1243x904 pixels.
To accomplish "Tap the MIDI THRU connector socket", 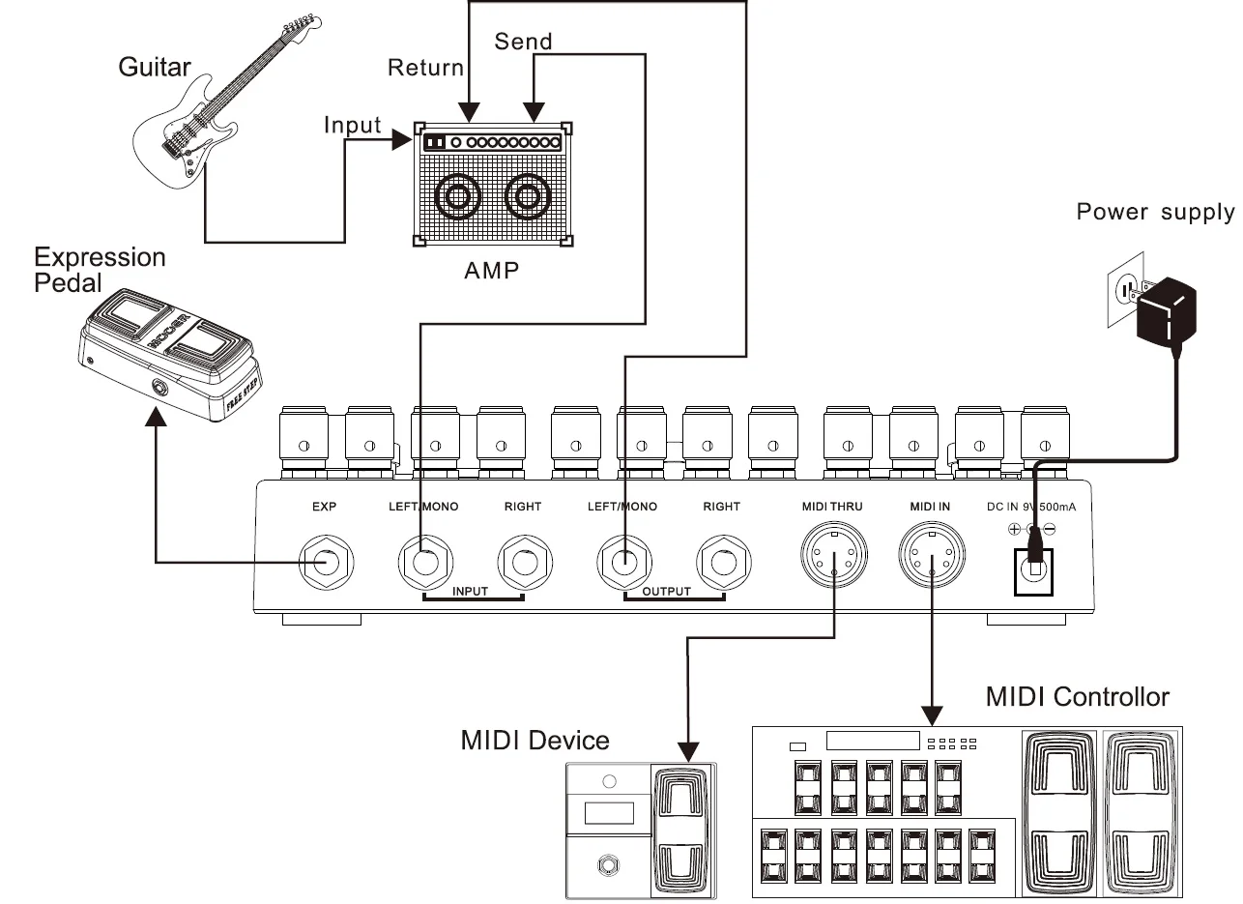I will (x=834, y=557).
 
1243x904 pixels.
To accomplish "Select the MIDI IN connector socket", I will (x=931, y=557).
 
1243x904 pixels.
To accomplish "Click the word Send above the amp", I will (x=523, y=42).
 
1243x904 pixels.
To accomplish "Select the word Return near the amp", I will (x=425, y=68).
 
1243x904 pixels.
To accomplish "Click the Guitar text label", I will (x=155, y=67).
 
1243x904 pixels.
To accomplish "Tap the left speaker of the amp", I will (x=457, y=198).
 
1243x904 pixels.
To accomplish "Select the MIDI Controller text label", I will (x=1077, y=697).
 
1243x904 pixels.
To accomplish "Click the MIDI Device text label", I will (x=535, y=741).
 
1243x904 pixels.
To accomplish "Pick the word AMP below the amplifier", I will (x=491, y=270).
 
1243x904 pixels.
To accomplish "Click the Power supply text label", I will (x=1155, y=212).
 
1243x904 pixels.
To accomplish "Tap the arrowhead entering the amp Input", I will (x=403, y=141).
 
